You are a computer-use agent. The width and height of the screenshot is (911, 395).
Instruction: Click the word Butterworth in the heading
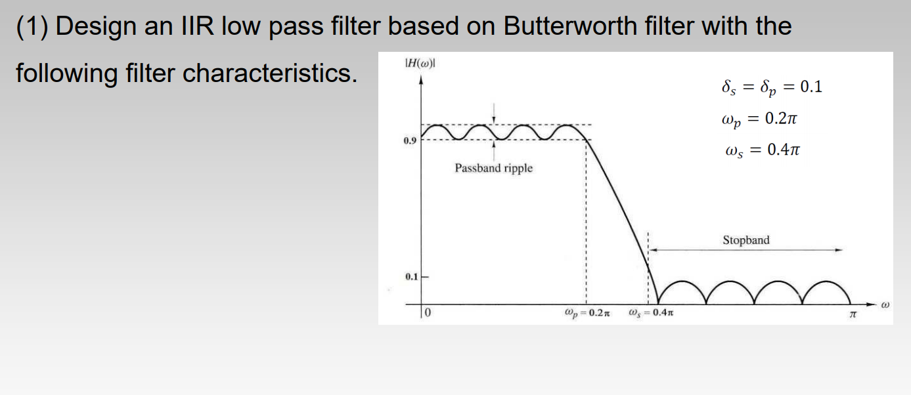pos(570,26)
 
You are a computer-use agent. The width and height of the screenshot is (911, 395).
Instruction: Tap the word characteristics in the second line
pos(270,73)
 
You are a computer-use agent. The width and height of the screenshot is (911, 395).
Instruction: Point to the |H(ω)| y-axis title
pos(420,63)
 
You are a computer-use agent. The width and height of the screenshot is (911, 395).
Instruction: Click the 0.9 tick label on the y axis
pos(410,140)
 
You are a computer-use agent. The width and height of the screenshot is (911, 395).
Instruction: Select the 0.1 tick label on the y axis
pos(411,277)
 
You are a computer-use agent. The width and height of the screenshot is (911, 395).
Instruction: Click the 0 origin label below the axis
pos(428,312)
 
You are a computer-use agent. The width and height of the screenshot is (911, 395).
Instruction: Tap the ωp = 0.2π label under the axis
pos(587,314)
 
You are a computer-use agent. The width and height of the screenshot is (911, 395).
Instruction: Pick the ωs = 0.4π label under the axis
pos(651,313)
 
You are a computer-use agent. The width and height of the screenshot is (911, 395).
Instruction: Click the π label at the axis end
pos(853,314)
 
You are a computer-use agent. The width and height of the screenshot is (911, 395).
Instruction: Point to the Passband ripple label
pos(494,168)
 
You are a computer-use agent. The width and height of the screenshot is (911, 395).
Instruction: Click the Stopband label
pos(746,239)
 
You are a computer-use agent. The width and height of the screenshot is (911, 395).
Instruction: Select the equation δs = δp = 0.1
pos(772,87)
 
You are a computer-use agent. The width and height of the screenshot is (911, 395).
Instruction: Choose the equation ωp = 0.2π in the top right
pos(759,119)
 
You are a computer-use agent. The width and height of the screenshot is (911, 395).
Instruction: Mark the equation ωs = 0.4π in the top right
pos(763,150)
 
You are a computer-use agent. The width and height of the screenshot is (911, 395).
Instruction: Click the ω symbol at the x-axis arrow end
pos(885,304)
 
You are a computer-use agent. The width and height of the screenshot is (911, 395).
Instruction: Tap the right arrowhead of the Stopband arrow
pos(839,250)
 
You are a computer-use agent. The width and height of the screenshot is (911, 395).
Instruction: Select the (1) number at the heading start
pos(32,27)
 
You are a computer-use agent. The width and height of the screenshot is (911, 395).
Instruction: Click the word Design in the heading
pos(96,27)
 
